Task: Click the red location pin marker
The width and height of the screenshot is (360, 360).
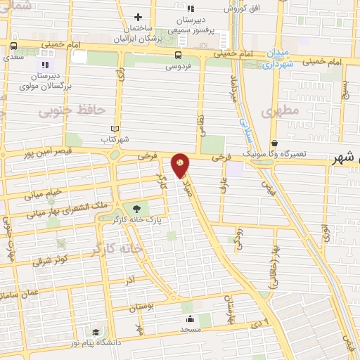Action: click(x=180, y=165)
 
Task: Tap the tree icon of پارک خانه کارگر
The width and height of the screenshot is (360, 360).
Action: click(x=136, y=209)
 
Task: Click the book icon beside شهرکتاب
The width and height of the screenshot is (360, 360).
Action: click(x=115, y=129)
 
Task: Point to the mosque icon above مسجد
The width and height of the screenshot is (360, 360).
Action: click(x=190, y=319)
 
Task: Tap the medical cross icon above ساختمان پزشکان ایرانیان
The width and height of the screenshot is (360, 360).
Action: click(x=139, y=17)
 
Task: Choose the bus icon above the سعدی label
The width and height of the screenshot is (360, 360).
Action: click(x=13, y=47)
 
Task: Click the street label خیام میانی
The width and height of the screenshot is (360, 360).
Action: click(x=44, y=191)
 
